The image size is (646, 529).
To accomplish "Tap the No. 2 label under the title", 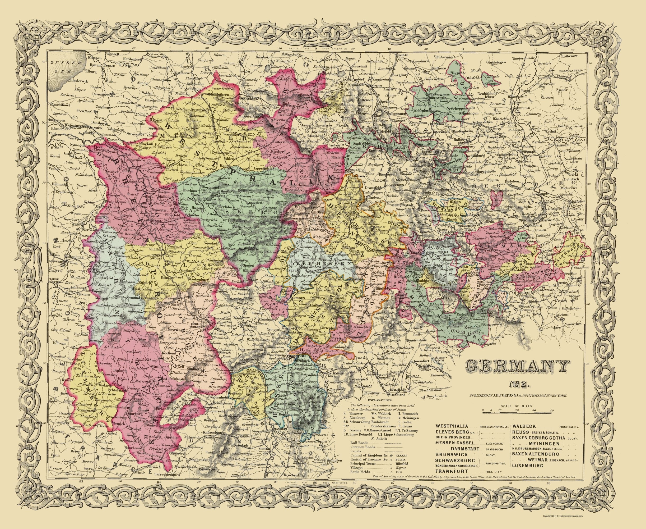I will tap(515, 386).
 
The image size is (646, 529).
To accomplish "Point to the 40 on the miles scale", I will tap(552, 411).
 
